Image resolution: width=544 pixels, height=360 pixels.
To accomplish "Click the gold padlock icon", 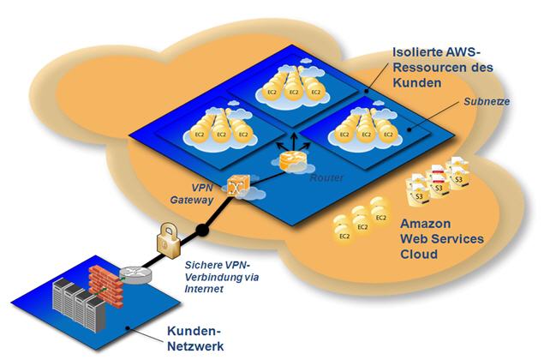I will (x=165, y=238).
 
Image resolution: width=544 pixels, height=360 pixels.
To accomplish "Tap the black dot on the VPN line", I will (x=203, y=230).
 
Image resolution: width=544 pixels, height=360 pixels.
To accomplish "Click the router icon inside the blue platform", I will (x=291, y=160).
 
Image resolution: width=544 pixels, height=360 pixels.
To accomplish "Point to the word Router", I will (x=326, y=171).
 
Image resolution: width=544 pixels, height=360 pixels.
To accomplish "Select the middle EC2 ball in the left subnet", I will (x=220, y=132).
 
